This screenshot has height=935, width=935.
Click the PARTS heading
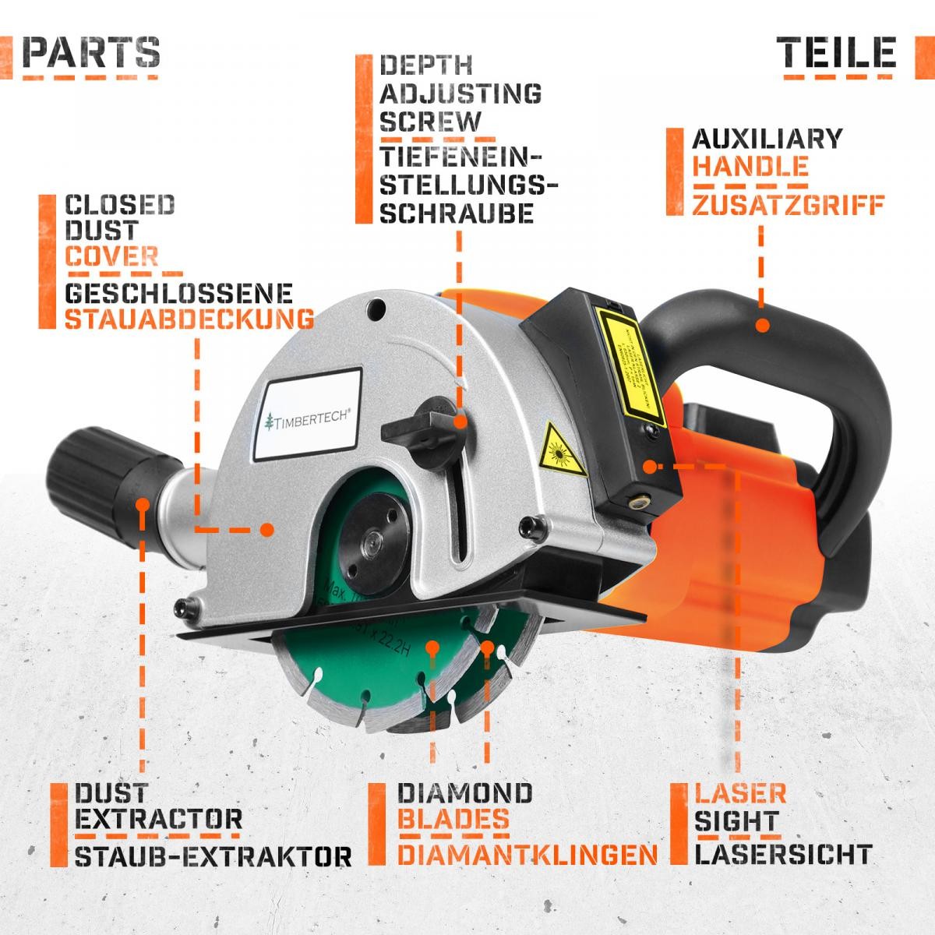[x=91, y=51]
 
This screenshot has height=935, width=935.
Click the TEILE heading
[x=836, y=51]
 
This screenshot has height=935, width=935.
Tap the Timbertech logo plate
[x=309, y=418]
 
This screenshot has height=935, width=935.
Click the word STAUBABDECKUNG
[x=189, y=319]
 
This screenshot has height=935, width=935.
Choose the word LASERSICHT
[x=782, y=854]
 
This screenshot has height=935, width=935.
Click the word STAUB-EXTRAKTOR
[x=213, y=856]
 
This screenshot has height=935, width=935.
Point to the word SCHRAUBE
[x=457, y=213]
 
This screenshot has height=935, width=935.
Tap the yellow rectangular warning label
[x=628, y=361]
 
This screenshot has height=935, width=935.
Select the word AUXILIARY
[x=767, y=139]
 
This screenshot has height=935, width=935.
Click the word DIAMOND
[x=466, y=793]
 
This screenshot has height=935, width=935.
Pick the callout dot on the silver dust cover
[x=266, y=529]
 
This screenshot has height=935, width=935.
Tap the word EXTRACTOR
[x=159, y=820]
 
